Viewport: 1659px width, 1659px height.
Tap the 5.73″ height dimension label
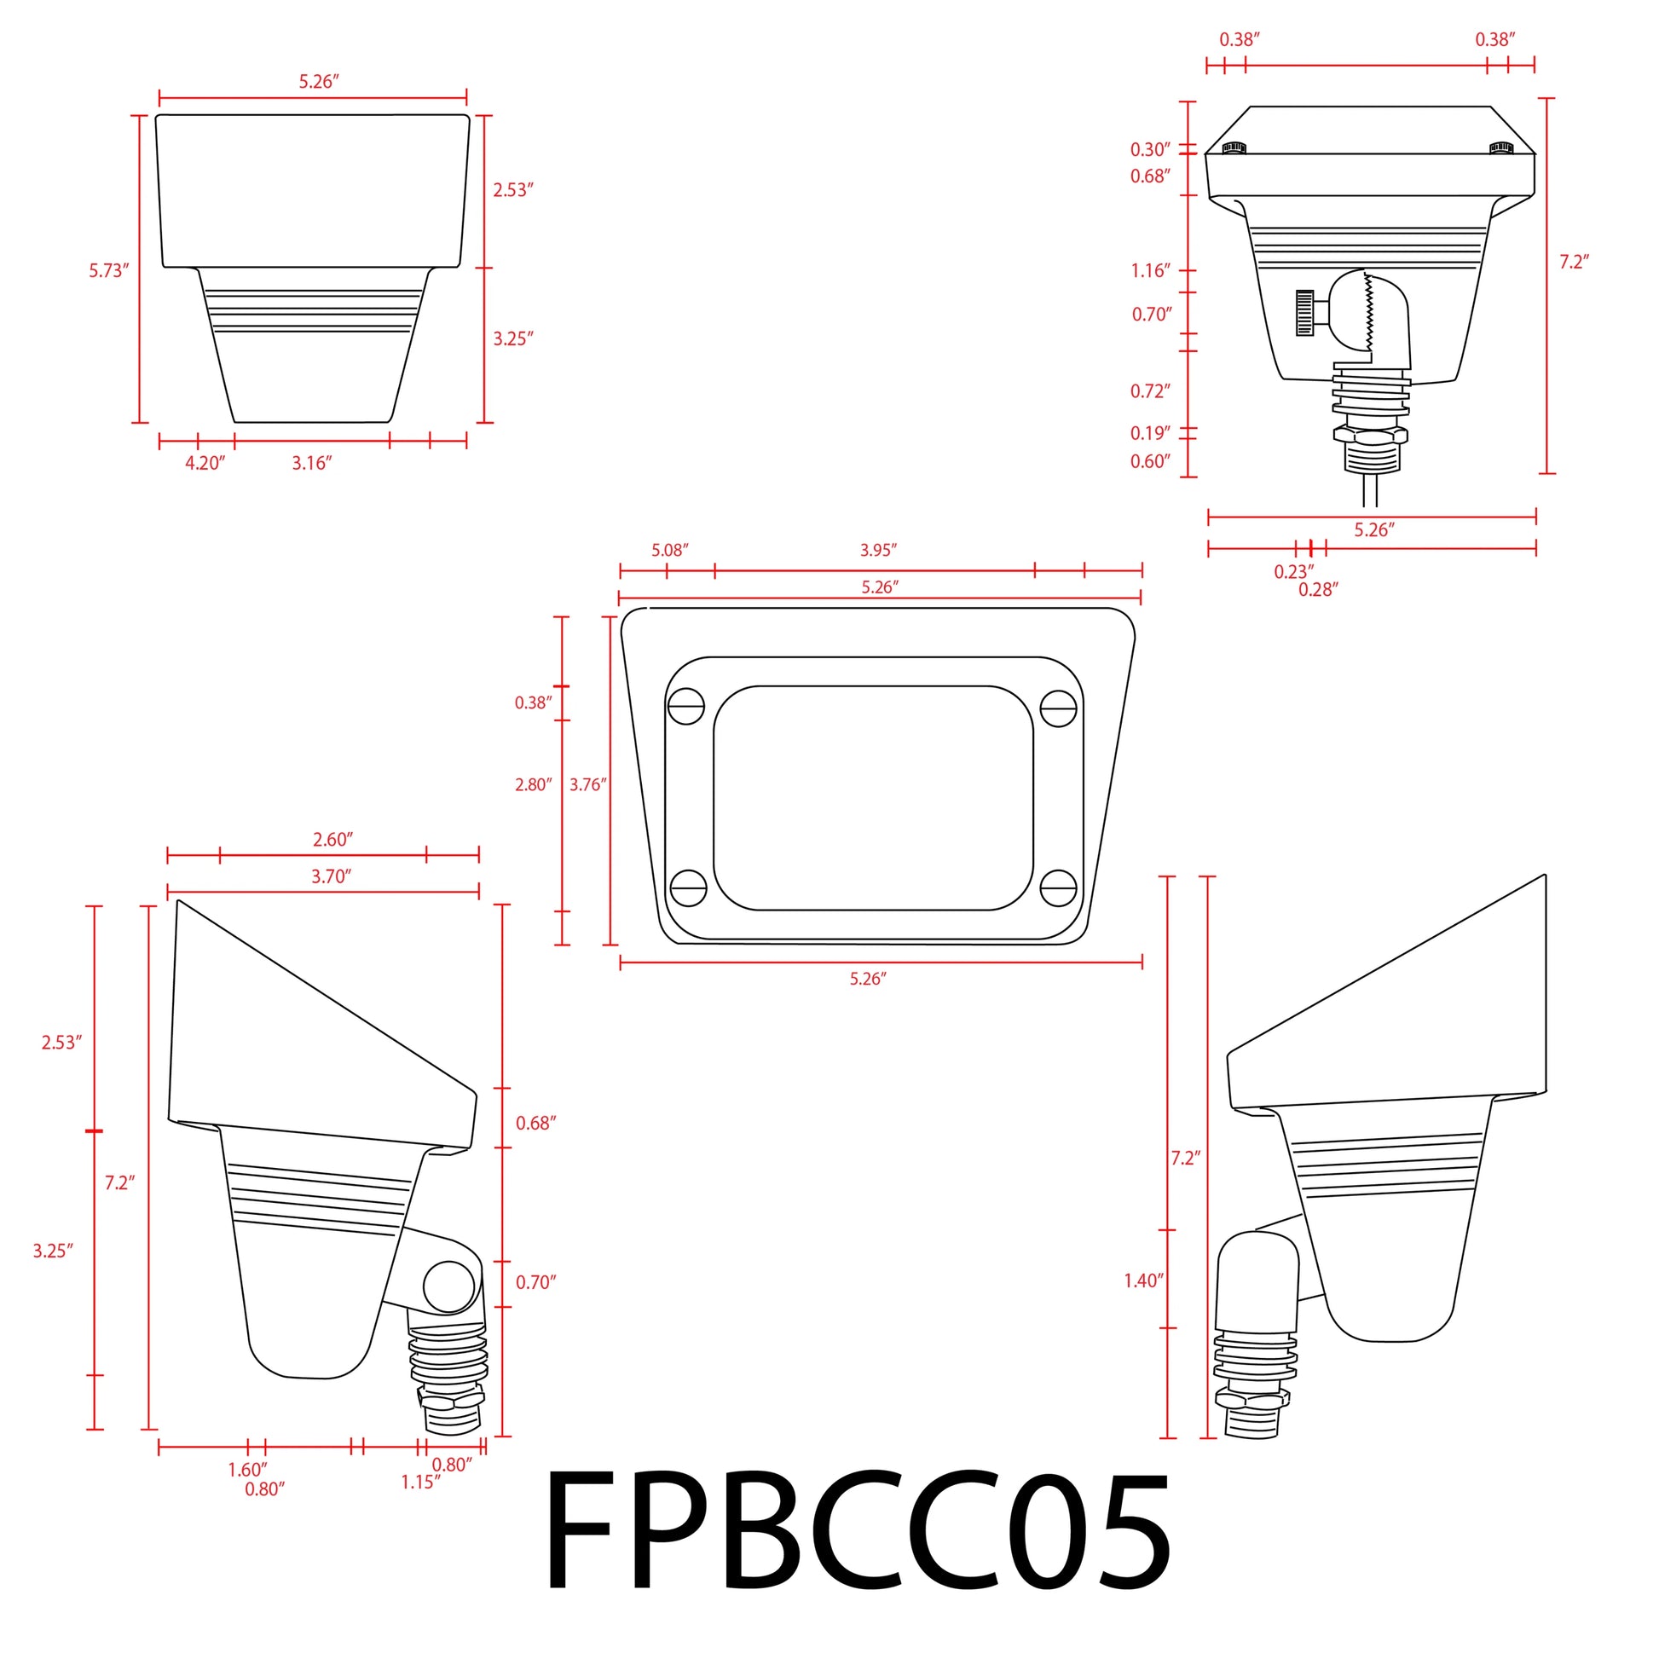[109, 271]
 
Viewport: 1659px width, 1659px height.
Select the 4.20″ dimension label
[205, 464]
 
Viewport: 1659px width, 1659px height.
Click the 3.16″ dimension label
[312, 464]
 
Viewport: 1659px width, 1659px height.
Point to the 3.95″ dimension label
[878, 550]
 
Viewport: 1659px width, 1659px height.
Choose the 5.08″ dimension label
[670, 550]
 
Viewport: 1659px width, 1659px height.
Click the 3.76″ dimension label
[588, 784]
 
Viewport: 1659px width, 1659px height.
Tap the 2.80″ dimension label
[534, 784]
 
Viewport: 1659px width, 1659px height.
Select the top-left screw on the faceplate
[686, 707]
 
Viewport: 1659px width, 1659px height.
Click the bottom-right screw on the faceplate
[1058, 887]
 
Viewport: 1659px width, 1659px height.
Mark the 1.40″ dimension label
[1144, 1281]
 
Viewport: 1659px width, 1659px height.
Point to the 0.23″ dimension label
[1293, 572]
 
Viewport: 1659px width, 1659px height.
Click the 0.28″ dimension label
[1318, 590]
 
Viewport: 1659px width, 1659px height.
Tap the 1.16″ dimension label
[1151, 271]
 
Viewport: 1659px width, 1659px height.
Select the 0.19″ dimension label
[1151, 433]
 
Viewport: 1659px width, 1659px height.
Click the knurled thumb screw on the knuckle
[1305, 314]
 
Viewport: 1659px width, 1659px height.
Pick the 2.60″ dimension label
[333, 840]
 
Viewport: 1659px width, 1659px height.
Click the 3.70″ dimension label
[332, 876]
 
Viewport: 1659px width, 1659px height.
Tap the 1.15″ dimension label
[421, 1483]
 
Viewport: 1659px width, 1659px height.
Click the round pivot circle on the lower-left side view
[449, 1286]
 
